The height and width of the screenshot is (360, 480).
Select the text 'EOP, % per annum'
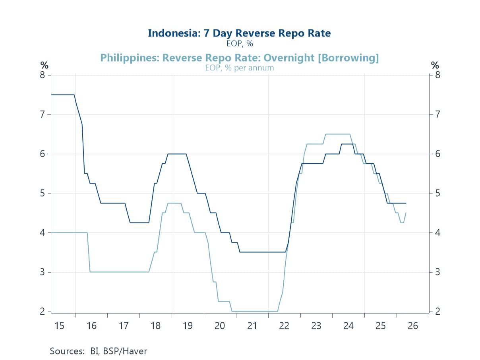coord(239,68)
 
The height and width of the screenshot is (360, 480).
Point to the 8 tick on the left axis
coord(43,75)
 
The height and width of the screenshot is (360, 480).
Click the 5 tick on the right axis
coord(437,194)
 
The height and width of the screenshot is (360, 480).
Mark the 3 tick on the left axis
coord(43,272)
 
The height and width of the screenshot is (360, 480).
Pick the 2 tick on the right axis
coord(437,312)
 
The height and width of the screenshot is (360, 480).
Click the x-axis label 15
coord(59,326)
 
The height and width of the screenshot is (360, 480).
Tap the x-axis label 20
coord(220,326)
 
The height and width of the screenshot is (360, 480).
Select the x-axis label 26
coord(413,326)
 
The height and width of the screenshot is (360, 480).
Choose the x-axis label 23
coord(316,326)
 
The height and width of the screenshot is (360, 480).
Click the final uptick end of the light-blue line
coord(406,213)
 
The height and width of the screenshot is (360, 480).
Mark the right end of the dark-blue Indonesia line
coord(406,203)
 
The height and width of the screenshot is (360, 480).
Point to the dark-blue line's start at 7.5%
coord(52,95)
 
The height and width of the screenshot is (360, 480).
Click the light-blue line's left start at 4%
coord(52,232)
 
